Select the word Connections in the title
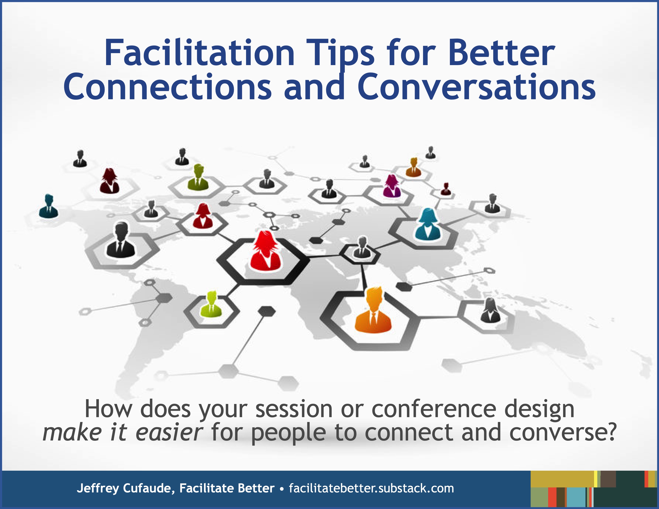tap(167, 87)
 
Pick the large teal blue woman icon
tap(428, 225)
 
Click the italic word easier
tap(169, 432)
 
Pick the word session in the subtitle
tap(294, 409)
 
